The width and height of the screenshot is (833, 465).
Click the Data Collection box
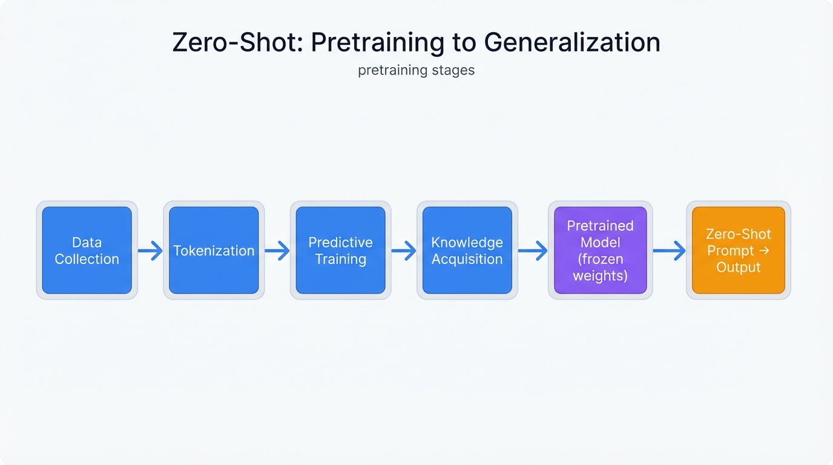point(87,251)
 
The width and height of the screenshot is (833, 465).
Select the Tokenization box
point(214,251)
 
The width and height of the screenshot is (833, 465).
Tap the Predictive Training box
point(340,251)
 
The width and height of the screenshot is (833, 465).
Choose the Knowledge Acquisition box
point(467,251)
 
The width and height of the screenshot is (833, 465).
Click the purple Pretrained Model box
point(600,251)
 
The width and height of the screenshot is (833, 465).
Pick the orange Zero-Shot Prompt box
point(738,251)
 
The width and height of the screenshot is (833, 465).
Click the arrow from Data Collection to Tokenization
point(150,251)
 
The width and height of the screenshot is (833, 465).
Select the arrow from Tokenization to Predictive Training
point(277,251)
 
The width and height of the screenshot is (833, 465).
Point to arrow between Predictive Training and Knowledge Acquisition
point(404,251)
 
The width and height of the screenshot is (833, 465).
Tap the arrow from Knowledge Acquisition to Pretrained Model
point(533,251)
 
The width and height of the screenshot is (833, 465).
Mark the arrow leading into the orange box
point(669,251)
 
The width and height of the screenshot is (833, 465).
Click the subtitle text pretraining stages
point(416,70)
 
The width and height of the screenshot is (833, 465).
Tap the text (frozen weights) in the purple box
point(600,268)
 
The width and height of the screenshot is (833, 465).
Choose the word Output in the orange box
point(738,268)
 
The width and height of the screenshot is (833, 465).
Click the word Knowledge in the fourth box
point(467,242)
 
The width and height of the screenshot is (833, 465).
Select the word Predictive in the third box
point(340,242)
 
